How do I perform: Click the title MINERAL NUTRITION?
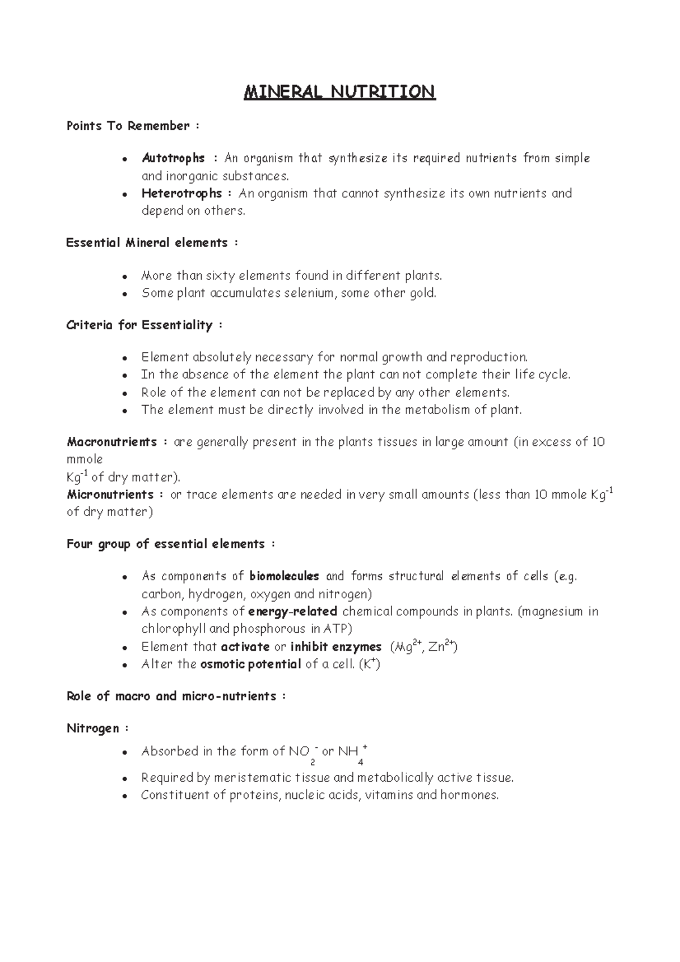coord(339,92)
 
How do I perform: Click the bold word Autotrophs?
coord(173,158)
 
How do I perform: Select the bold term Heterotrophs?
coord(181,193)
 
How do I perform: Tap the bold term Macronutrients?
coord(112,442)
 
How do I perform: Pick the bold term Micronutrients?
coord(110,495)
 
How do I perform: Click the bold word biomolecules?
coord(284,576)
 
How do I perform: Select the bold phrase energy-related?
coord(292,611)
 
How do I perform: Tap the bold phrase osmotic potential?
coord(250,664)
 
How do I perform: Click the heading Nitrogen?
coord(93,729)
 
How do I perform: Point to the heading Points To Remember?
coord(128,126)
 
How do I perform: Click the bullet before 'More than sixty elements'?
coord(124,276)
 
